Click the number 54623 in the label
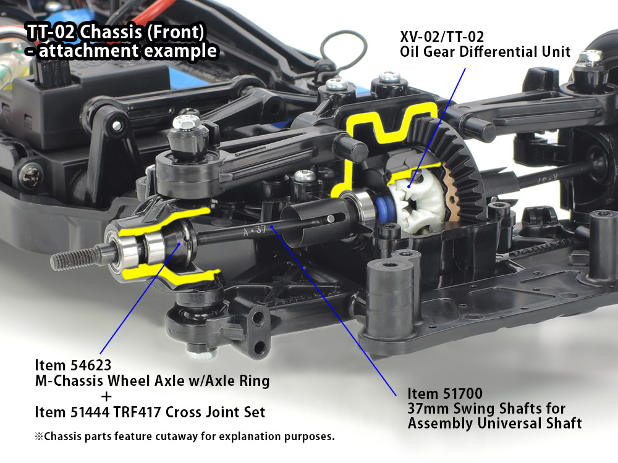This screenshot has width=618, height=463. click(90, 365)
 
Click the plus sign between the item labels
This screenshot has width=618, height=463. click(106, 397)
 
